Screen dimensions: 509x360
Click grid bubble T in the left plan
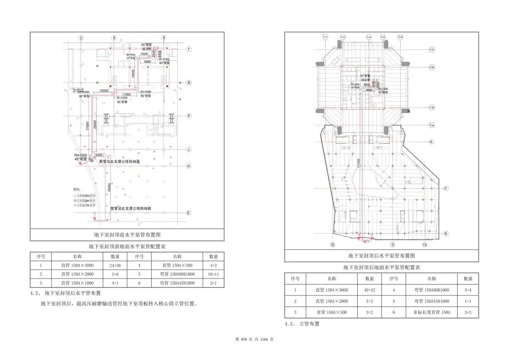(x=189, y=49)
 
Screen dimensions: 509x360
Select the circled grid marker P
(x=189, y=115)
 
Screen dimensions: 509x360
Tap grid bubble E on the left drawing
(x=189, y=213)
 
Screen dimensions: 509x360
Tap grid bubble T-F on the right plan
(x=431, y=49)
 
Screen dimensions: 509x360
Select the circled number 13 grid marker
(x=425, y=245)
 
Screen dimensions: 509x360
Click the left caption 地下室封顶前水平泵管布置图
(x=127, y=235)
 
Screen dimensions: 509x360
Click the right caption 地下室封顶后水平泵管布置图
(x=381, y=255)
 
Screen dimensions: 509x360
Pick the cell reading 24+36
(x=115, y=265)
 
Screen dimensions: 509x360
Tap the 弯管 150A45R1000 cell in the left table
(x=177, y=283)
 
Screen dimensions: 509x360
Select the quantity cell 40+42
(x=369, y=291)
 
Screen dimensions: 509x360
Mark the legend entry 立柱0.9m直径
(x=84, y=195)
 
